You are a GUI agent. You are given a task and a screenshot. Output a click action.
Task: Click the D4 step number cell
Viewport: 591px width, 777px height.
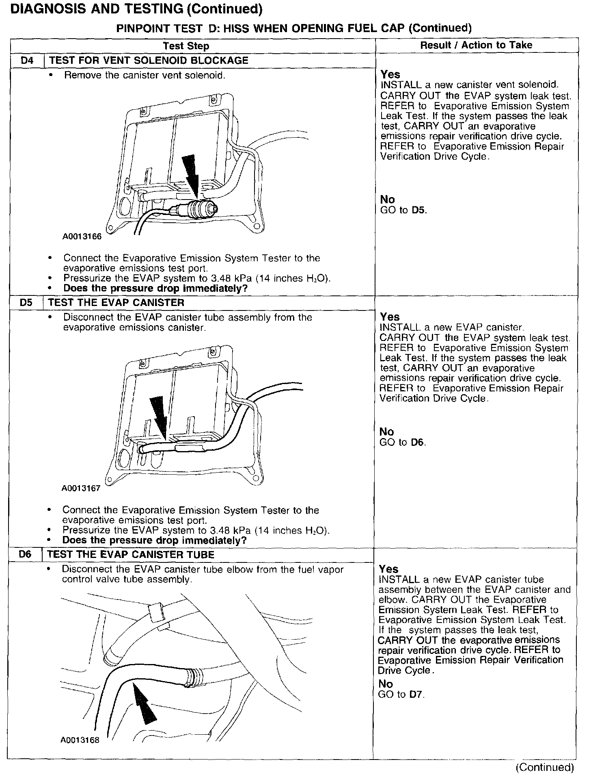(27, 61)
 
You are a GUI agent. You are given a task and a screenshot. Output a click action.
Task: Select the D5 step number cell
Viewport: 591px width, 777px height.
(26, 303)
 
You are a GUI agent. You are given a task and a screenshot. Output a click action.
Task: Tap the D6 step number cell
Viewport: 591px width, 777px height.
(25, 555)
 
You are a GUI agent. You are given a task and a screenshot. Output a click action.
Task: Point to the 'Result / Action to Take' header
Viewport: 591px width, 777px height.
(476, 45)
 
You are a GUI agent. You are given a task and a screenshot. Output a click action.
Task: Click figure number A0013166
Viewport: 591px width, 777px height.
(82, 237)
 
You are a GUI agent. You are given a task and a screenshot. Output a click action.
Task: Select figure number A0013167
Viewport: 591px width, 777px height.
(81, 488)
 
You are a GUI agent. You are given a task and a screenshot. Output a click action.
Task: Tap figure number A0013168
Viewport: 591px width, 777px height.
(80, 740)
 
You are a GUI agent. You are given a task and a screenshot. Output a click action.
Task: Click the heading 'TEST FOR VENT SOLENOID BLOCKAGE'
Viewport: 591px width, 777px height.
(148, 61)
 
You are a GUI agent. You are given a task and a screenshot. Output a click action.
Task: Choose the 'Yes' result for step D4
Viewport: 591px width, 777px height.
(390, 75)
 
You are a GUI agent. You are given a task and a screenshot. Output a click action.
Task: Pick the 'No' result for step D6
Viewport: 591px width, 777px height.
(385, 684)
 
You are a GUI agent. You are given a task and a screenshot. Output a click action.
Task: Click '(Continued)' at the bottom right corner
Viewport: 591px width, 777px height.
(544, 767)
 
